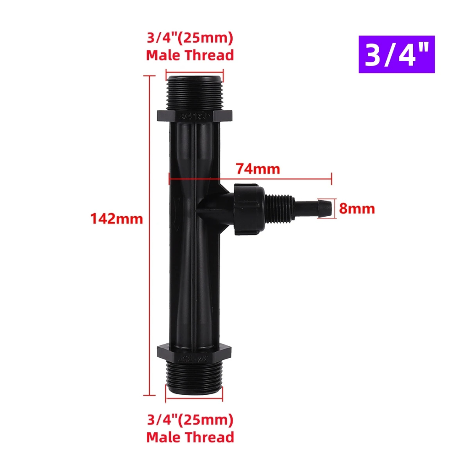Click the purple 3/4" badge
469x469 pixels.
(397, 54)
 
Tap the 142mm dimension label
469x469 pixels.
(117, 218)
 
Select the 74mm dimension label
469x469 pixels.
(258, 169)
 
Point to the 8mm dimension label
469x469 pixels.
(357, 208)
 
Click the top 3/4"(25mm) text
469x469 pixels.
(190, 38)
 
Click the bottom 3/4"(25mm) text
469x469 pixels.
(190, 420)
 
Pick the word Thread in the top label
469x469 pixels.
(209, 55)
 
